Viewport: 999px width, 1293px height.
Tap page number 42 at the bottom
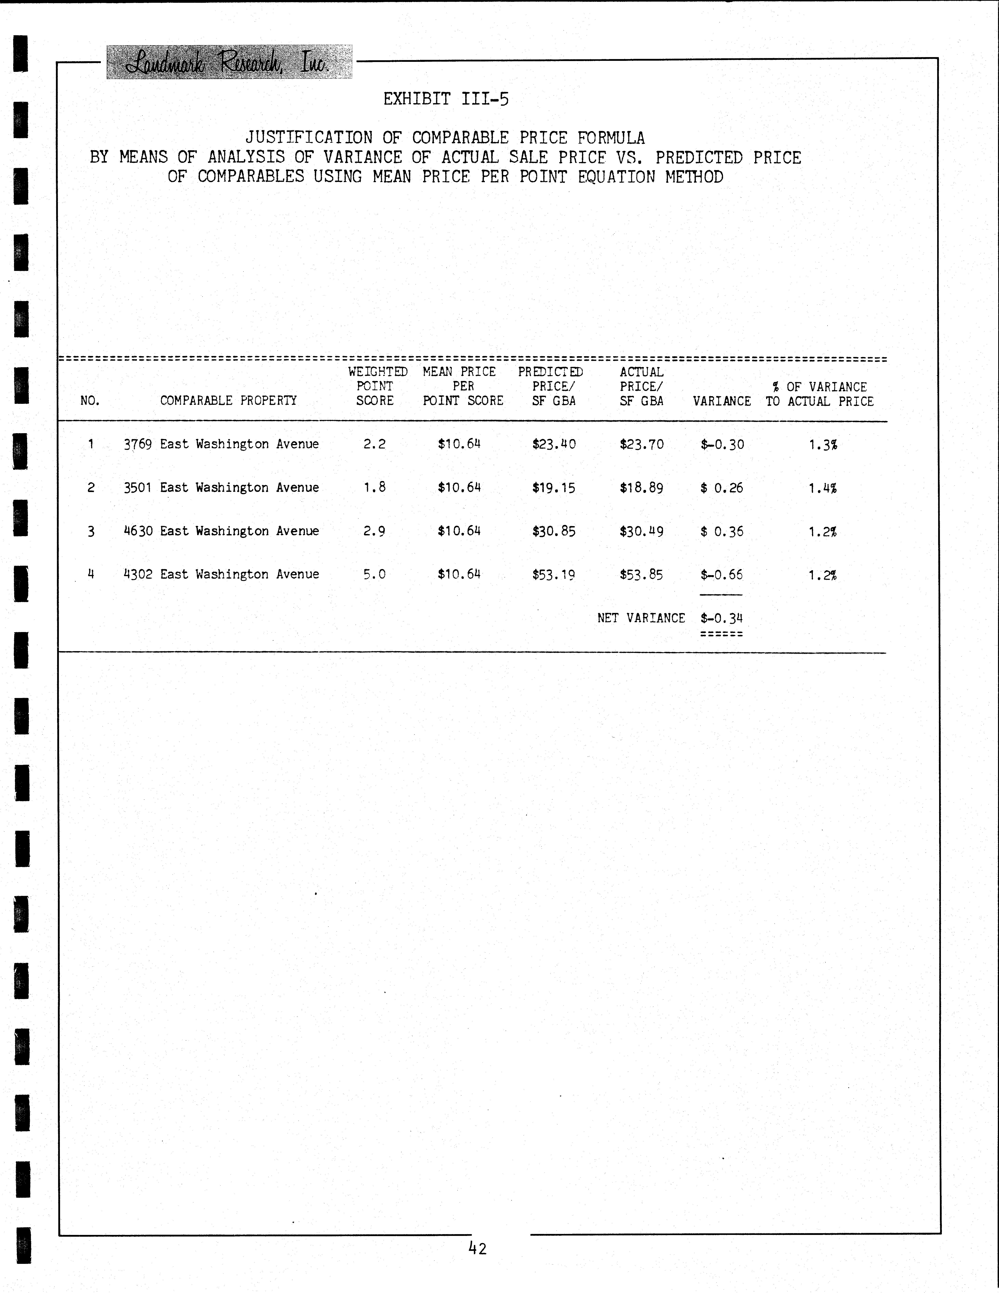[x=477, y=1249]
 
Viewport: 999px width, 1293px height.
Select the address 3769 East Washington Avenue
[x=221, y=444]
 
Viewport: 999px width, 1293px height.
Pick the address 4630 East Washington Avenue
[x=221, y=531]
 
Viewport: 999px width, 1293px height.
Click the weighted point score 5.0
[x=374, y=574]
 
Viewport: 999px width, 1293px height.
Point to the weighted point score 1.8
[x=374, y=487]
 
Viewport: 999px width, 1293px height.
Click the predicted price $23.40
[x=554, y=444]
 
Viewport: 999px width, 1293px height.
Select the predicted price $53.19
[x=554, y=574]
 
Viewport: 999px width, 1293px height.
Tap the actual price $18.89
[x=641, y=488]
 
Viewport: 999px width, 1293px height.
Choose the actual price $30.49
[x=641, y=531]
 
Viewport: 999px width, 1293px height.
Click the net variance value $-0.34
[x=722, y=618]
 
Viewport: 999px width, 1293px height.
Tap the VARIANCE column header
[x=722, y=401]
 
